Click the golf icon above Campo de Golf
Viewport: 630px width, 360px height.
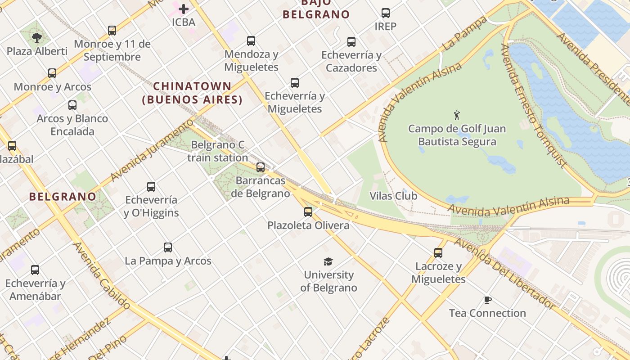457,115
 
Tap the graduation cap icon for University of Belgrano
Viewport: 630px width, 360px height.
328,261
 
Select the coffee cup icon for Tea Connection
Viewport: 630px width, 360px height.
487,300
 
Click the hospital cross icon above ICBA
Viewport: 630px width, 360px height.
183,9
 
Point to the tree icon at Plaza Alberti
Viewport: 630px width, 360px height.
37,38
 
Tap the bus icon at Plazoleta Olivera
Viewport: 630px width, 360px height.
308,211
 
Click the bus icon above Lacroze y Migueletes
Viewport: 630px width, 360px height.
438,253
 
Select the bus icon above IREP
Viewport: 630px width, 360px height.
386,13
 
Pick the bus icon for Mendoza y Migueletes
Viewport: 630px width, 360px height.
251,41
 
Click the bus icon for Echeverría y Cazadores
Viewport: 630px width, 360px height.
351,42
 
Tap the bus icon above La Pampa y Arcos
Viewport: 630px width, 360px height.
168,247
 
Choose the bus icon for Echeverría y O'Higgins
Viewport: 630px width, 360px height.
151,186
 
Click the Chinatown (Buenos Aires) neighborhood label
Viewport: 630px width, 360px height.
192,93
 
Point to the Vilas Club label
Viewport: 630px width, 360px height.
393,196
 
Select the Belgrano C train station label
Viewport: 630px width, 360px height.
218,151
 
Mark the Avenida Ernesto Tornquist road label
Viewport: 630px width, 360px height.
533,106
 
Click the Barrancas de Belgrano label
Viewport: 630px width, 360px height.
261,187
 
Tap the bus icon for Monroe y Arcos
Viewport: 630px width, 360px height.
52,73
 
